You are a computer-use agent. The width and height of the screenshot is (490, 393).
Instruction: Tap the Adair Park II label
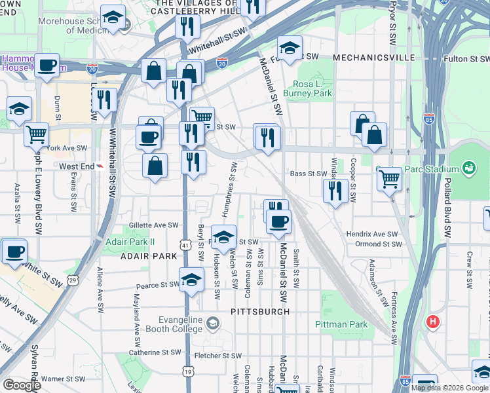130,241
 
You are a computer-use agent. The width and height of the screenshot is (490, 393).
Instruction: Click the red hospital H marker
432,322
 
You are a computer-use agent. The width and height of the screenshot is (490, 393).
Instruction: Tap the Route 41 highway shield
186,245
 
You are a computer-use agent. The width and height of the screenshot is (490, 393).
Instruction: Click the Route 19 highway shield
188,371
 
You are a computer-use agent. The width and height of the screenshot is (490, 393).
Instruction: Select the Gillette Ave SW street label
154,225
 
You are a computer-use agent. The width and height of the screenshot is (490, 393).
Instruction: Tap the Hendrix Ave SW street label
372,234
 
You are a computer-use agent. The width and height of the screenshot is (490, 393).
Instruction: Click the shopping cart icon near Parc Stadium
389,178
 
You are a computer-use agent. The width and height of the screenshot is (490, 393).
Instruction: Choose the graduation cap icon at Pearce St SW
190,280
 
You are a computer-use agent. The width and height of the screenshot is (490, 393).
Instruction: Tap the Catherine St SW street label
154,352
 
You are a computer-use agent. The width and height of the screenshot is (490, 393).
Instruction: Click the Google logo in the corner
22,385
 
